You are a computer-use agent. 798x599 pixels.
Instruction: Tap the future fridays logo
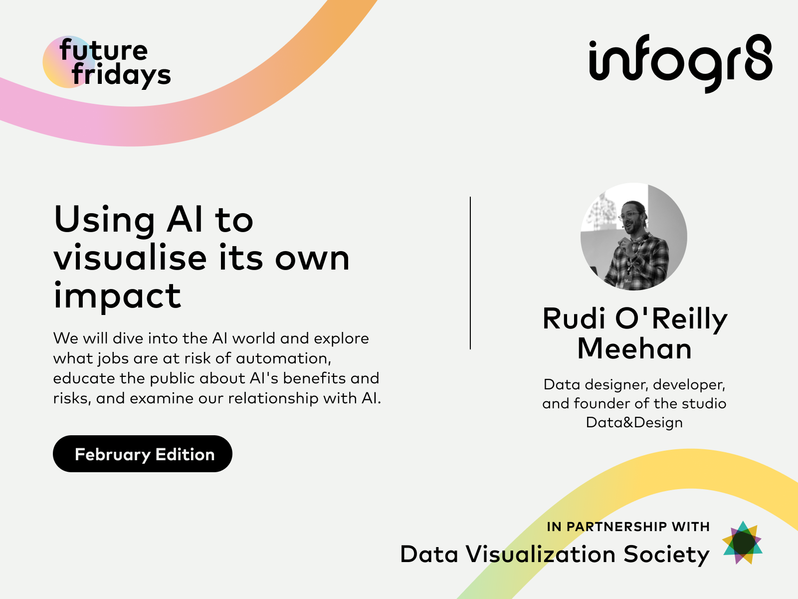pyautogui.click(x=107, y=62)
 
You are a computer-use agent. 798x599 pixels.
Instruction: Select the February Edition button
pyautogui.click(x=143, y=454)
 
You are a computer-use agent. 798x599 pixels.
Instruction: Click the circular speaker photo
pyautogui.click(x=634, y=237)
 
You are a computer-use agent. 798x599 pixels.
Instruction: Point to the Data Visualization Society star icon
pyautogui.click(x=742, y=543)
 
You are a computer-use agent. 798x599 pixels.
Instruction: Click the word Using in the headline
pyautogui.click(x=104, y=220)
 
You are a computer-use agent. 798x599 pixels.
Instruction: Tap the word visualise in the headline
pyautogui.click(x=130, y=258)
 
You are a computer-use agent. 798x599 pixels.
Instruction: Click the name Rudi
pyautogui.click(x=575, y=318)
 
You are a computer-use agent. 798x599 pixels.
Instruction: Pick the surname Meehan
pyautogui.click(x=634, y=349)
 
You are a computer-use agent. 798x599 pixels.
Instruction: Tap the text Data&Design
pyautogui.click(x=634, y=423)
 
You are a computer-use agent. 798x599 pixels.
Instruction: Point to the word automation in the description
pyautogui.click(x=283, y=358)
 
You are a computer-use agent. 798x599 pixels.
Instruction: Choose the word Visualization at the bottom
pyautogui.click(x=541, y=554)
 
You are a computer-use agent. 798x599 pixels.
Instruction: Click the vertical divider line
pyautogui.click(x=470, y=273)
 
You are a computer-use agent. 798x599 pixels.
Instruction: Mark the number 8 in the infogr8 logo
pyautogui.click(x=759, y=57)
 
